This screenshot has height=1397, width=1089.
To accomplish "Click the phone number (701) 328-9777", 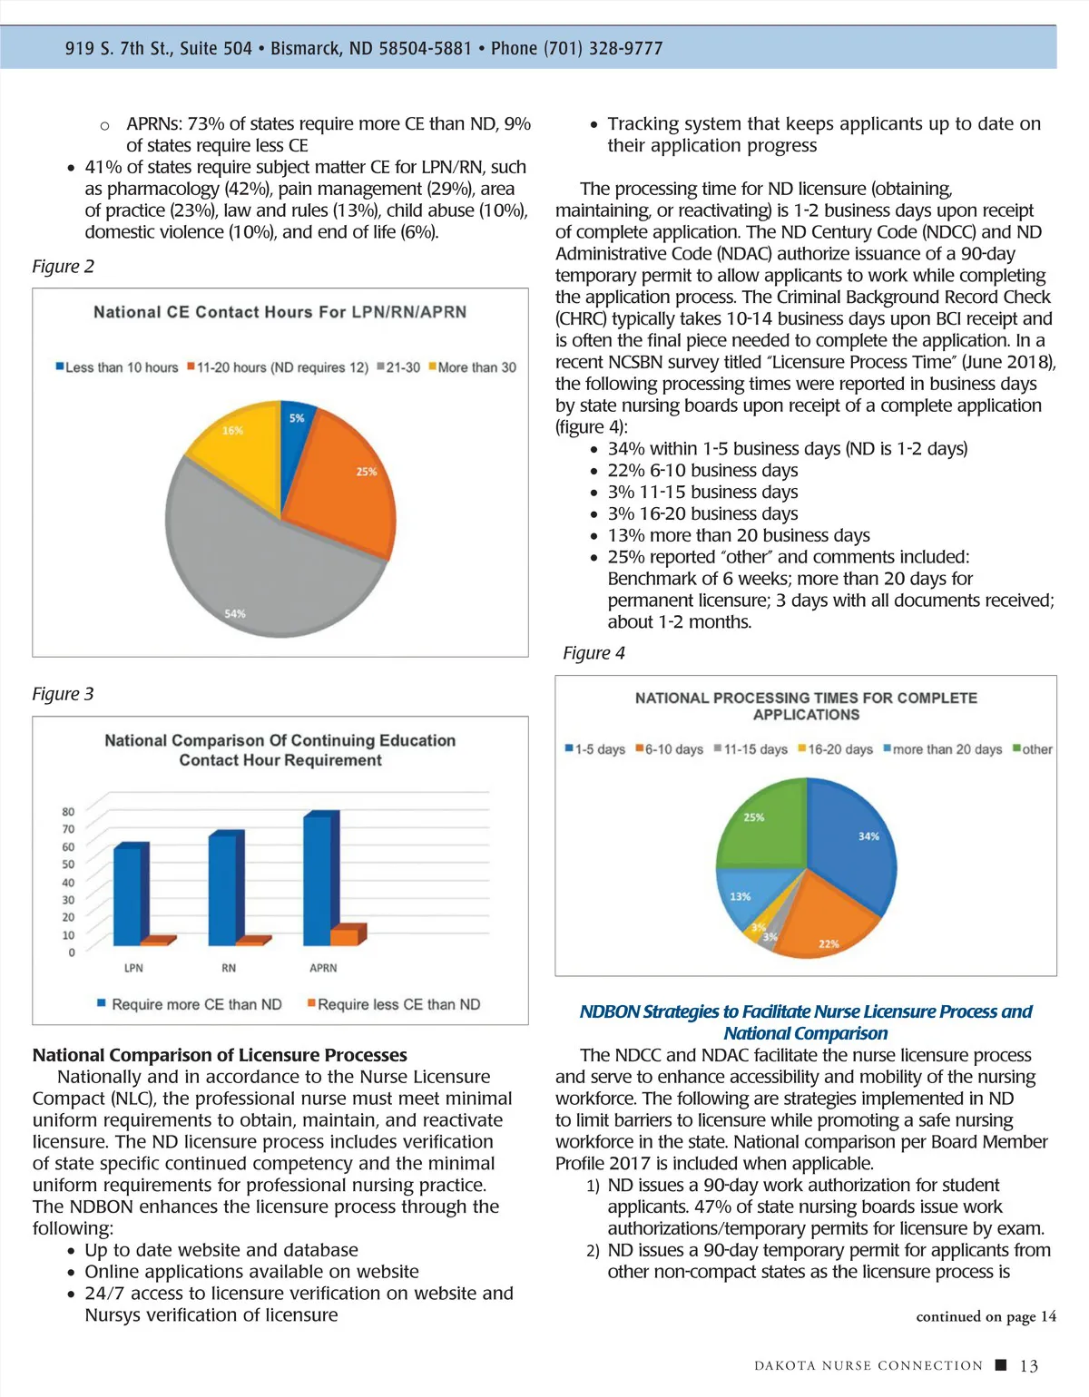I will (x=603, y=48).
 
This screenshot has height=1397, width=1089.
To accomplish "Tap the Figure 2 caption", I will (x=63, y=267).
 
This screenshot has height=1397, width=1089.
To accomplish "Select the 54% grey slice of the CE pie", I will (x=263, y=562).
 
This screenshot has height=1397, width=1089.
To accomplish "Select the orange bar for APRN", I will (x=345, y=936).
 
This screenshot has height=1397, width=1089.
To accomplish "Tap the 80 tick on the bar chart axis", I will (x=68, y=812).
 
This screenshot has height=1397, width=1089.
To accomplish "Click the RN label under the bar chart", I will (x=229, y=968).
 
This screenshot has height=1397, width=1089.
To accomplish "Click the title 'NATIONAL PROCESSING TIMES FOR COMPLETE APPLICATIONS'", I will (x=806, y=706).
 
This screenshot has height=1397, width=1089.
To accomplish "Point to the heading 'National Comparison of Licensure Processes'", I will (x=220, y=1055).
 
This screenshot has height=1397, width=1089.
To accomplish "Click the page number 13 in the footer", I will (x=1029, y=1366).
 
